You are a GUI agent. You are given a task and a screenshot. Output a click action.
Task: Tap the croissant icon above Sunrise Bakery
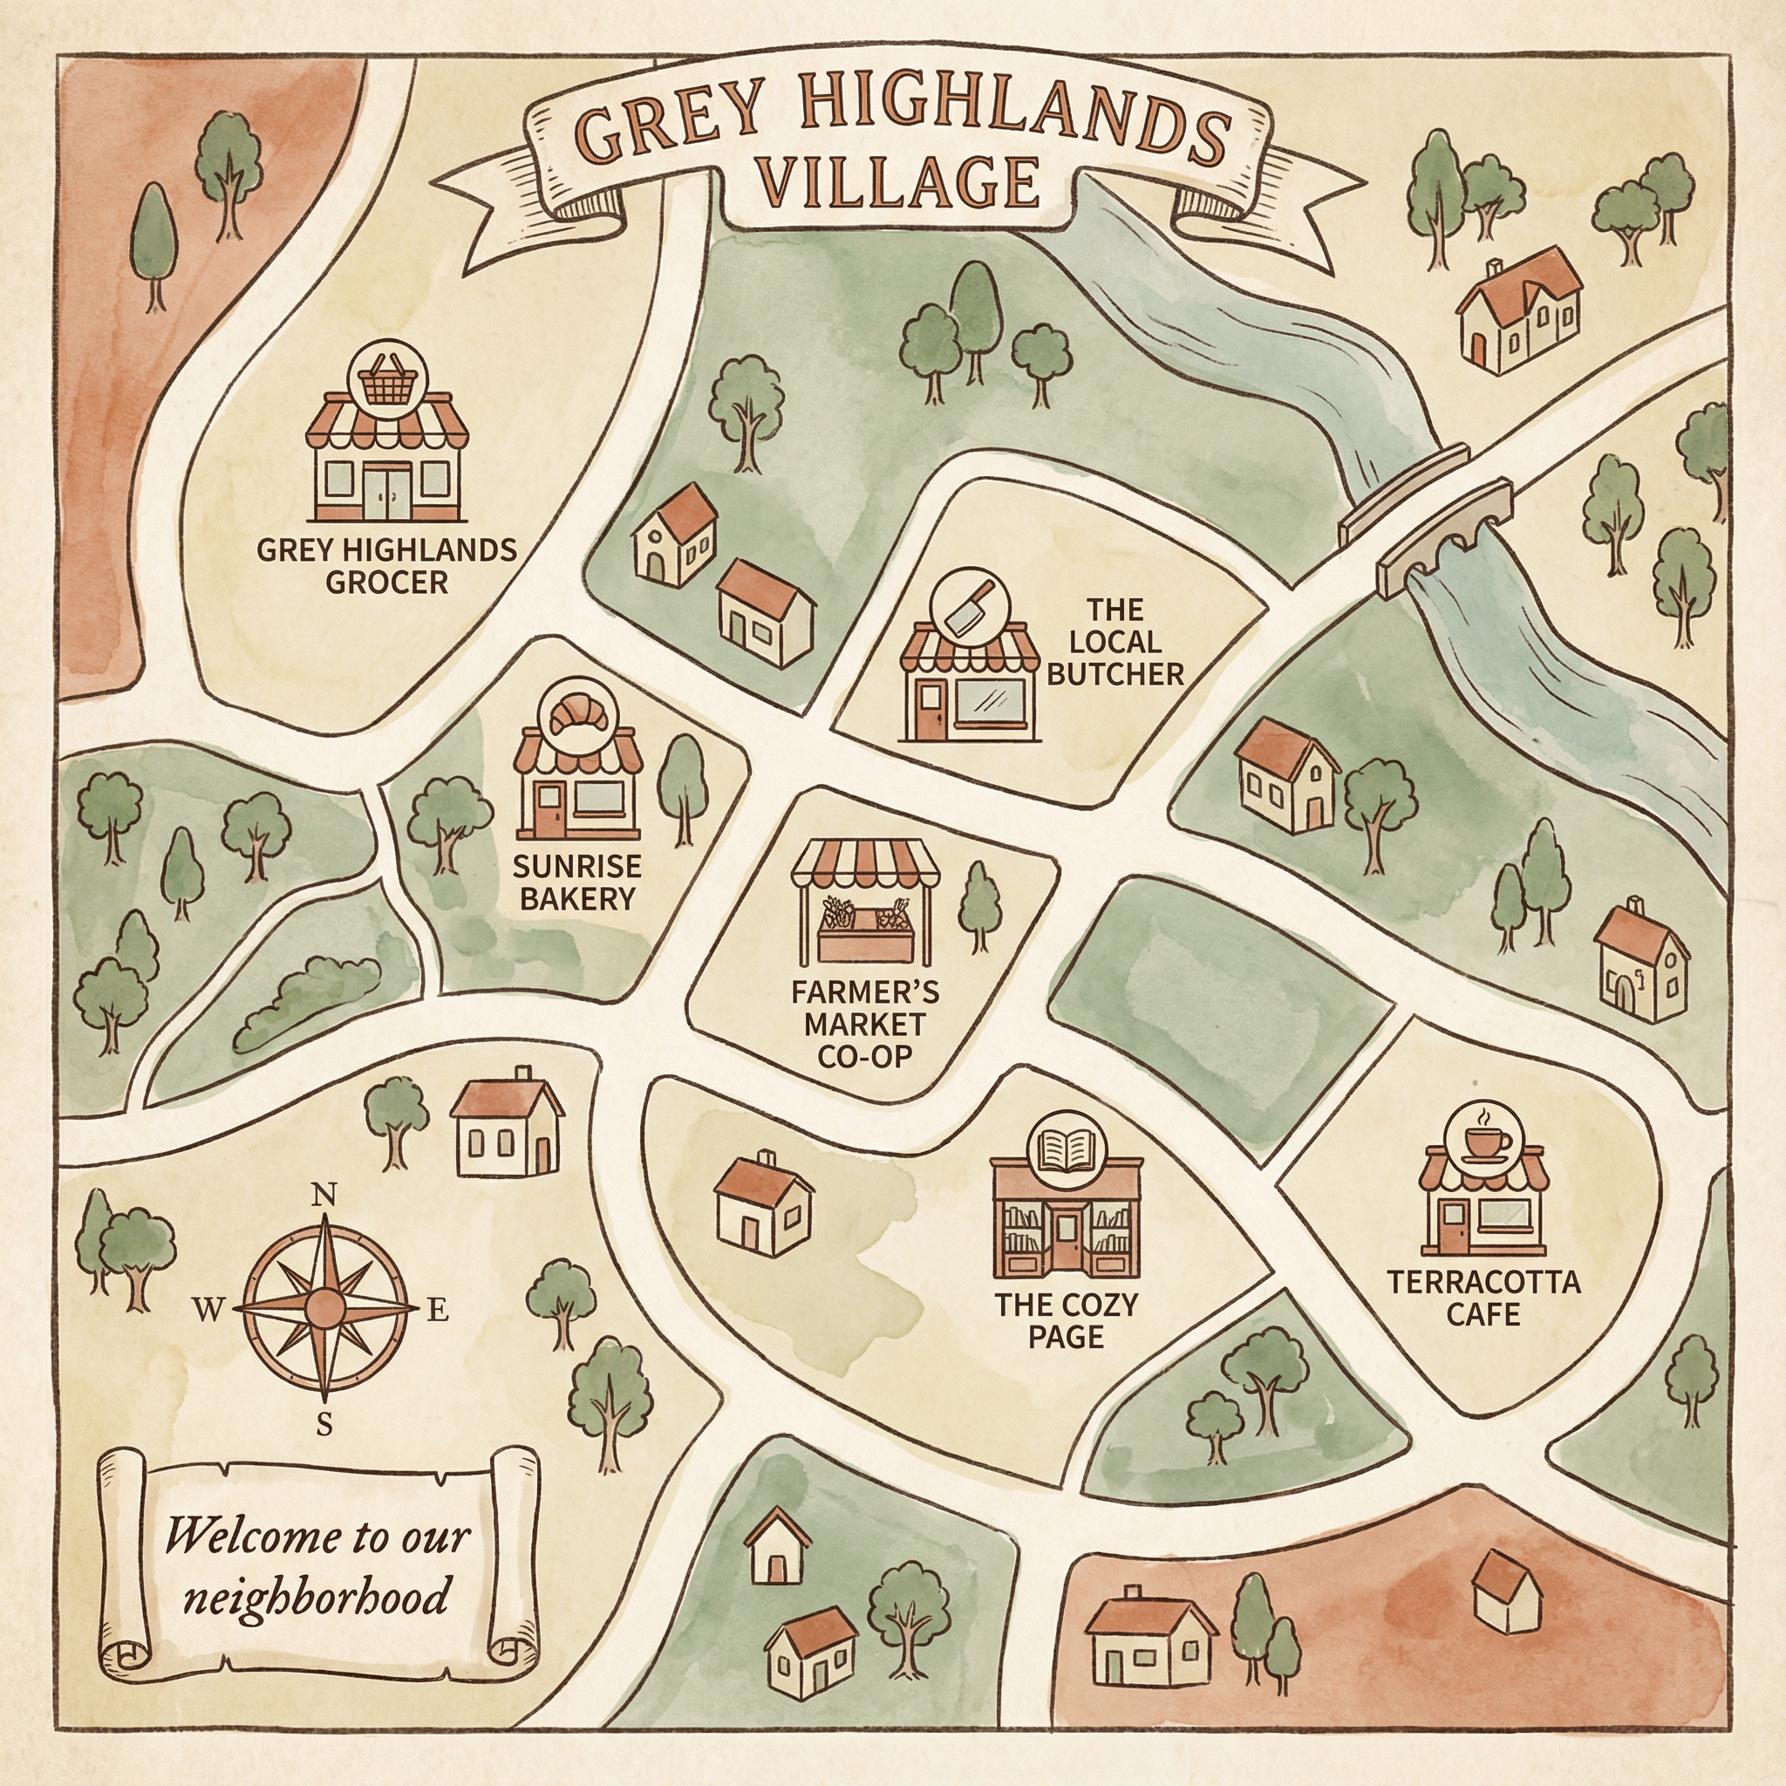[575, 712]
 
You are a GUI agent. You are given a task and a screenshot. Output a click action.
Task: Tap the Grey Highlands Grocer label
[386, 566]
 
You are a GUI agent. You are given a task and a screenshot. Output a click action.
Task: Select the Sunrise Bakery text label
[576, 882]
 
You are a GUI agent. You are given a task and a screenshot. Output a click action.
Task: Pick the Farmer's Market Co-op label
[864, 1023]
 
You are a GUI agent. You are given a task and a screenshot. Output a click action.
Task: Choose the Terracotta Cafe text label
[1483, 1298]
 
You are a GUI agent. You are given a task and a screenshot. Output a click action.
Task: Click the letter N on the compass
[323, 1196]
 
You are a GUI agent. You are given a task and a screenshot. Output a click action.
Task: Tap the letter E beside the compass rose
[437, 1310]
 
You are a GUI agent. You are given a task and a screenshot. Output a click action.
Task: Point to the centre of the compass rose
[323, 1308]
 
